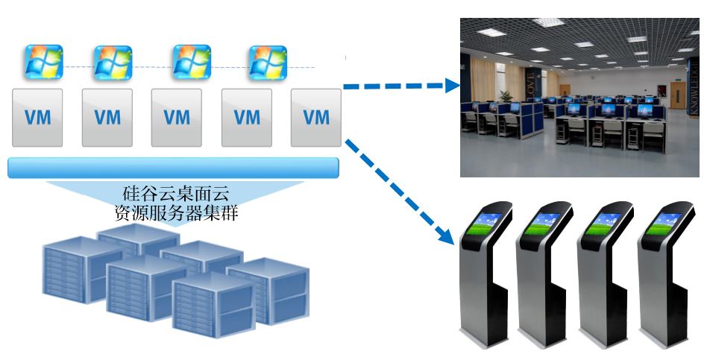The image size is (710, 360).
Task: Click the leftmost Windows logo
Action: (x=44, y=62)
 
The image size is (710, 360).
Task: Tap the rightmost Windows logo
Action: (x=268, y=62)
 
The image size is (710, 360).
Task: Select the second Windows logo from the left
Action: (x=113, y=62)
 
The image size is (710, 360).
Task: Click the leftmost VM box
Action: (x=39, y=117)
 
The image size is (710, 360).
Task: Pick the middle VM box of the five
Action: (x=177, y=117)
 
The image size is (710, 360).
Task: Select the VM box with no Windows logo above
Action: (x=316, y=117)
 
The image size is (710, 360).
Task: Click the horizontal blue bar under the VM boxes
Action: (x=173, y=168)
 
